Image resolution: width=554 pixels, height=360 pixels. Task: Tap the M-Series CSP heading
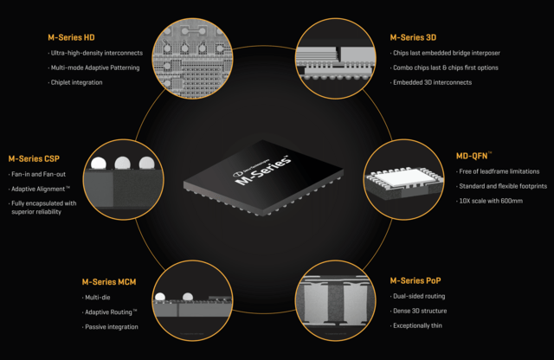tap(35, 158)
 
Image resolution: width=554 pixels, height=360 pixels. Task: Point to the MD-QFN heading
tap(474, 157)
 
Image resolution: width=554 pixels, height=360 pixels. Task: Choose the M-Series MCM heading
tap(109, 282)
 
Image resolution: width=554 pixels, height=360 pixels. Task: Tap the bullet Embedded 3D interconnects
tap(433, 82)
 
